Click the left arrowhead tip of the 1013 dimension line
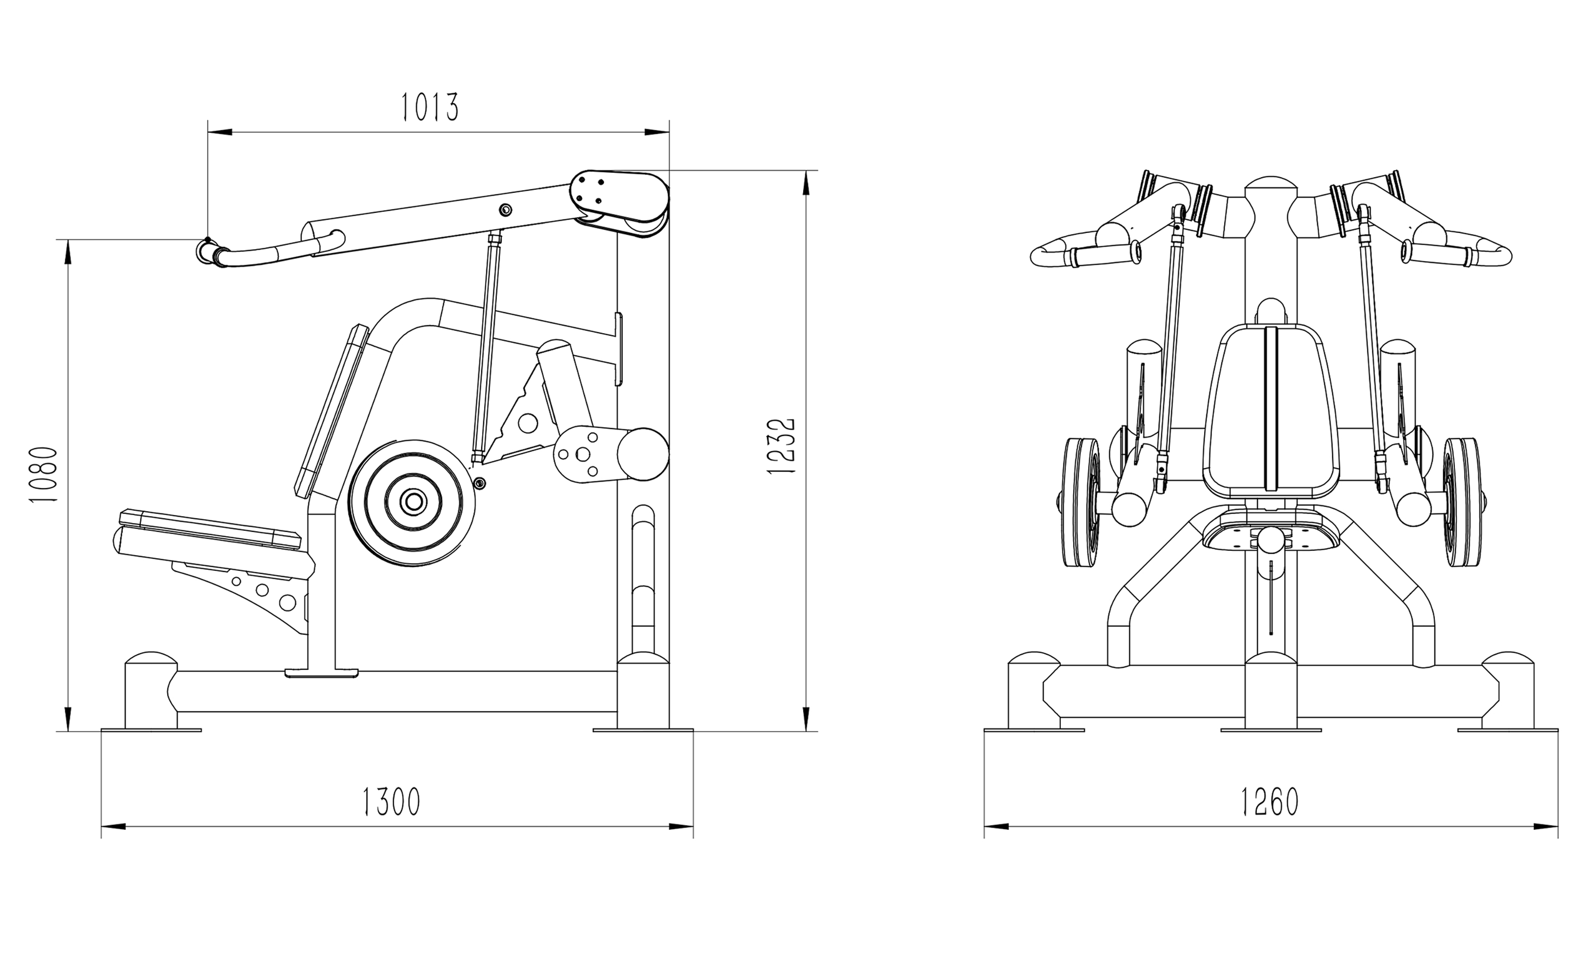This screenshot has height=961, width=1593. pos(208,132)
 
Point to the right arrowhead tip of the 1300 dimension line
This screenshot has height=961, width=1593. pos(693,827)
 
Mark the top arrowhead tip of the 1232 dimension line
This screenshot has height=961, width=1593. pos(806,171)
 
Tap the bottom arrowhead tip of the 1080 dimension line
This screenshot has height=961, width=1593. pos(68,731)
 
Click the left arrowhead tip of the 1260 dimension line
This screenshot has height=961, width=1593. pos(985,827)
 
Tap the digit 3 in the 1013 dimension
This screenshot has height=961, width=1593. pos(451,108)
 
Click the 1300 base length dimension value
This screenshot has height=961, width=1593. pos(391,802)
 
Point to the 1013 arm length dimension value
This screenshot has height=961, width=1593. pos(430,108)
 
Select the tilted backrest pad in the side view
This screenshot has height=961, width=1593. pos(331,411)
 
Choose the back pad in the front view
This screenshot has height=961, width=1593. pos(1271,416)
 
